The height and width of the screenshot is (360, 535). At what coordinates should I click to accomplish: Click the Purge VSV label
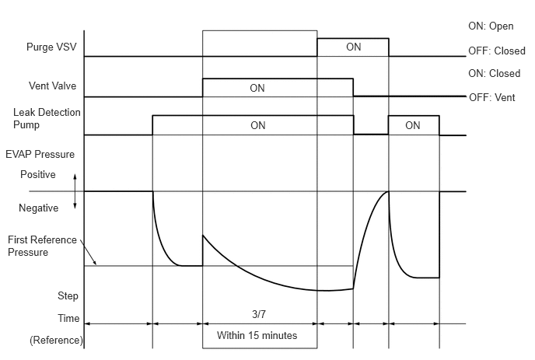(x=51, y=47)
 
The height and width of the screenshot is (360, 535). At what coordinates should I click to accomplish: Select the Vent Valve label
(x=53, y=86)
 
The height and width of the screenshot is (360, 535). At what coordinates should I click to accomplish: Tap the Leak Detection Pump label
(x=47, y=118)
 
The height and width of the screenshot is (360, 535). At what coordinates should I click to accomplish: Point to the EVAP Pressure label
(x=40, y=154)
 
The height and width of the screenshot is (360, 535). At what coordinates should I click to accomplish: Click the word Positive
(x=38, y=174)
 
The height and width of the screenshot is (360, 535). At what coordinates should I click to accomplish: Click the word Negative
(x=39, y=208)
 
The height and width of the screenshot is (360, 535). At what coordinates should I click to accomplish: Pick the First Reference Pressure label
(x=42, y=246)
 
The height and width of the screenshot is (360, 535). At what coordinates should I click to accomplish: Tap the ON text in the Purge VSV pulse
(x=354, y=47)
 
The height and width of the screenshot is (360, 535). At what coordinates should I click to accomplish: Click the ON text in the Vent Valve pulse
(x=257, y=88)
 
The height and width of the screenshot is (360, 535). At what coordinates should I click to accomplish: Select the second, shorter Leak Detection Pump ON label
(x=413, y=125)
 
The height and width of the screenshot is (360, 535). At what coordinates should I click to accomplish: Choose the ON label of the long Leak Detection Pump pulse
(x=258, y=125)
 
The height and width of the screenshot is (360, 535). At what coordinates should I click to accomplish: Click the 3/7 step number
(x=259, y=314)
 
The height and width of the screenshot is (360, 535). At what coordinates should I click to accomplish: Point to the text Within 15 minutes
(x=257, y=335)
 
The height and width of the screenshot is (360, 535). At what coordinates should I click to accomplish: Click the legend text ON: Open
(x=491, y=26)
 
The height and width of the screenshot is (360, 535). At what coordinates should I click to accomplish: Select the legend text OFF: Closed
(x=497, y=51)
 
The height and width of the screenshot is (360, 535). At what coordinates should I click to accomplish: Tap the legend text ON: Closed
(x=495, y=73)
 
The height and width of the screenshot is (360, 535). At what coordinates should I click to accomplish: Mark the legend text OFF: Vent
(x=492, y=98)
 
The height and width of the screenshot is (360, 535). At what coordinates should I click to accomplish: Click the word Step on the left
(x=68, y=295)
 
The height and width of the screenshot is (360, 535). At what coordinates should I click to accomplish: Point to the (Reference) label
(x=56, y=341)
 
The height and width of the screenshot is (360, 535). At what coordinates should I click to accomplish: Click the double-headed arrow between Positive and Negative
(x=75, y=191)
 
